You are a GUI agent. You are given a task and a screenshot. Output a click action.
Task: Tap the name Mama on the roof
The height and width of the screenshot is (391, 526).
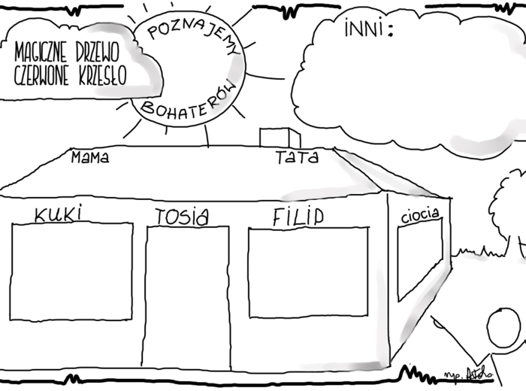(x=89, y=158)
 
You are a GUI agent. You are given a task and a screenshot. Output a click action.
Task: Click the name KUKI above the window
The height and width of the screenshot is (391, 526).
(x=57, y=214)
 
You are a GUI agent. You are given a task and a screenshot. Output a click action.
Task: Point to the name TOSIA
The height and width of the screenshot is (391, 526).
(x=181, y=217)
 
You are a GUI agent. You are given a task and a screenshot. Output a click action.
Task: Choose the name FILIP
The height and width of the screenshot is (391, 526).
(x=298, y=217)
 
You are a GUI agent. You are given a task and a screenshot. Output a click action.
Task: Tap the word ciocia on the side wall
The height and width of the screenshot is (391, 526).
(x=420, y=215)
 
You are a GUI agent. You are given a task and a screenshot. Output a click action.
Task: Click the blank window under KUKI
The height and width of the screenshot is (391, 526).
(x=71, y=271)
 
